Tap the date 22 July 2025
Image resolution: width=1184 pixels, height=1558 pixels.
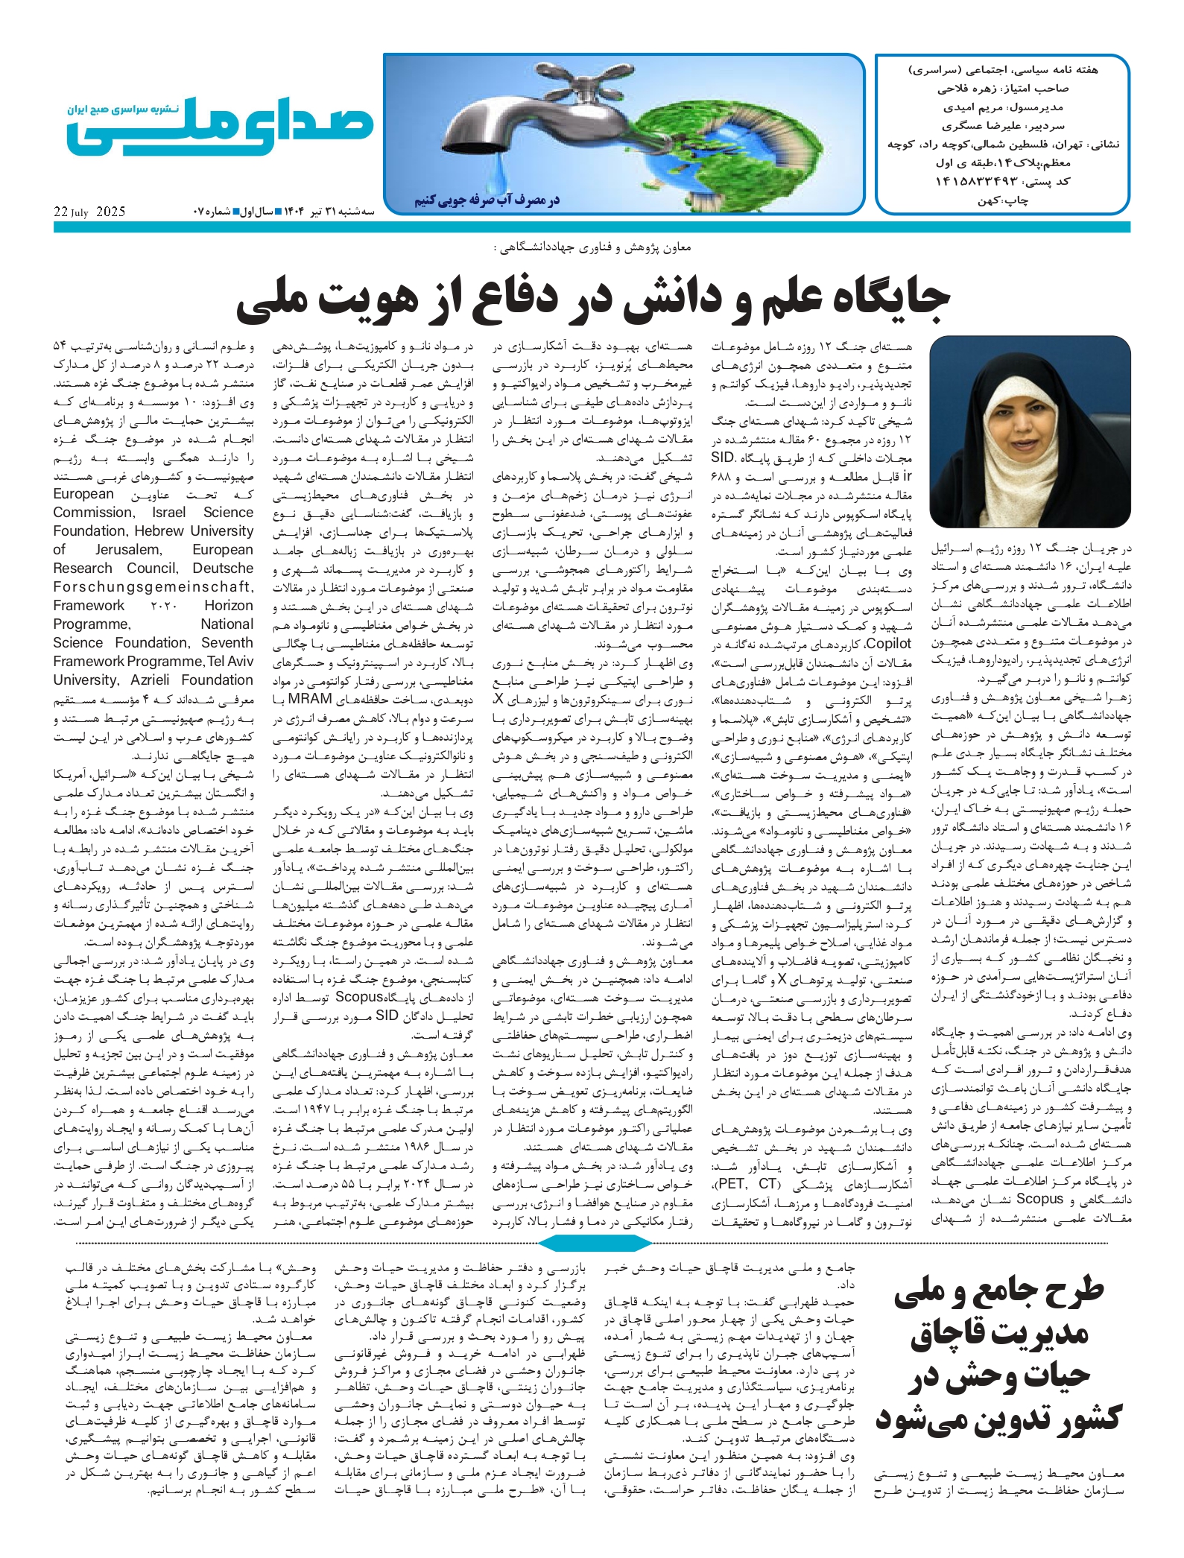pos(89,212)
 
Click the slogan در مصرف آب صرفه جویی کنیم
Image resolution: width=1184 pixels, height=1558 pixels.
pos(487,200)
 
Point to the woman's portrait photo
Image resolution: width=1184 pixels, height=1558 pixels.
pos(1030,431)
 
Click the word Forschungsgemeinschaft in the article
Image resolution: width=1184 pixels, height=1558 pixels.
pos(153,586)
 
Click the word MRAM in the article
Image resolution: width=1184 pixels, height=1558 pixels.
pos(309,699)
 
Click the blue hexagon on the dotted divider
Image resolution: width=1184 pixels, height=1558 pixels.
pos(594,1242)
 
